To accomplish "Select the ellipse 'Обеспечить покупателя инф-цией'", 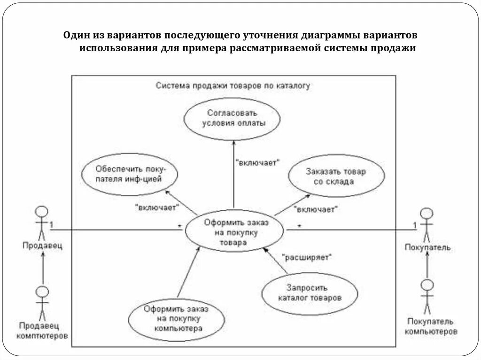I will pos(129,174).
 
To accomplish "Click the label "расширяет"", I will pos(307,257).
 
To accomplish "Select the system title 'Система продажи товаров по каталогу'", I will pos(233,86).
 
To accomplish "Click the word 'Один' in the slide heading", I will pos(75,36).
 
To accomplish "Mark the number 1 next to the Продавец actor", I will pos(51,224).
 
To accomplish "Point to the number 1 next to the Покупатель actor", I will pos(415,225).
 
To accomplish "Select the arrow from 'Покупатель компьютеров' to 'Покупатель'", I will pos(427,265).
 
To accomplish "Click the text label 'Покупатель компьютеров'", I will pos(430,326).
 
